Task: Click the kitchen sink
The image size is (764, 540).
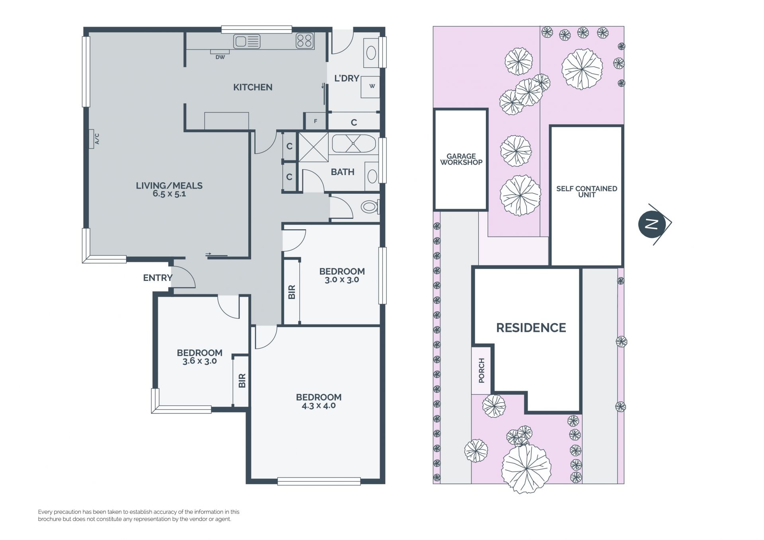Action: (x=247, y=41)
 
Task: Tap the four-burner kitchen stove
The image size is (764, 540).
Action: (x=305, y=41)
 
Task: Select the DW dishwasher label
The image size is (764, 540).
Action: (x=220, y=57)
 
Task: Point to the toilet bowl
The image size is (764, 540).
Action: (x=370, y=207)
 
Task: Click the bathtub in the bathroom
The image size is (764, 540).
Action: (x=354, y=144)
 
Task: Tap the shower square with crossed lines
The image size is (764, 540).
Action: (x=313, y=147)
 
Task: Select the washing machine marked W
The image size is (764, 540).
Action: (x=370, y=86)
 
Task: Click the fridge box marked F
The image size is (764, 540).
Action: (x=316, y=121)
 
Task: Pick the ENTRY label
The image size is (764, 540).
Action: (x=158, y=278)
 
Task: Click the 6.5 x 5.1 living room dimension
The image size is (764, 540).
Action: (x=170, y=194)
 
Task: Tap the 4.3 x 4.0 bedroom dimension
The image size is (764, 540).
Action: (x=318, y=406)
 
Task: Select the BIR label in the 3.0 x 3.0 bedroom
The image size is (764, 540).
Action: (x=292, y=292)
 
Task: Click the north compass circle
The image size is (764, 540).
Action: (x=652, y=224)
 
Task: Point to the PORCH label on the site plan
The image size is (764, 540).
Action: (x=481, y=370)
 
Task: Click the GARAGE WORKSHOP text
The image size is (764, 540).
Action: (x=461, y=159)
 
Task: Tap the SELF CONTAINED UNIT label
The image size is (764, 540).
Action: (x=587, y=191)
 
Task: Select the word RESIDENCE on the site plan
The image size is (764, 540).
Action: (x=531, y=328)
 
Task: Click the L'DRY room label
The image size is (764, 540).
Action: (x=347, y=78)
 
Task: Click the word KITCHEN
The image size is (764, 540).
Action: (x=253, y=87)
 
